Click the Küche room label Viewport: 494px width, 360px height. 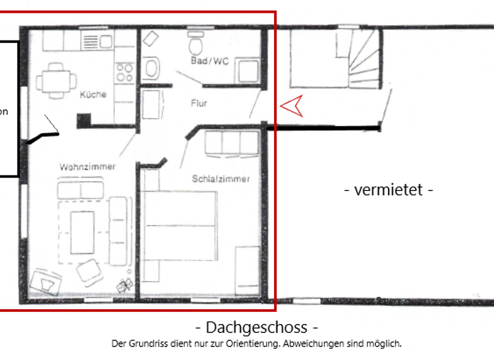pyautogui.click(x=93, y=94)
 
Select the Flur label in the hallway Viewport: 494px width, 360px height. pyautogui.click(x=199, y=103)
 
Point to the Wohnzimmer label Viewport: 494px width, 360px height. pyautogui.click(x=87, y=166)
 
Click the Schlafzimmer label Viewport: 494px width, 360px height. pyautogui.click(x=221, y=179)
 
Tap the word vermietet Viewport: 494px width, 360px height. pyautogui.click(x=389, y=190)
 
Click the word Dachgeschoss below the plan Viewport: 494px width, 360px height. pyautogui.click(x=257, y=327)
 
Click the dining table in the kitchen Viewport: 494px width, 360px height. pyautogui.click(x=57, y=81)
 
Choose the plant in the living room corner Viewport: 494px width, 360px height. pyautogui.click(x=123, y=283)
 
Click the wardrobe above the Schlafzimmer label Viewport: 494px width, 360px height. pyautogui.click(x=231, y=144)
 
